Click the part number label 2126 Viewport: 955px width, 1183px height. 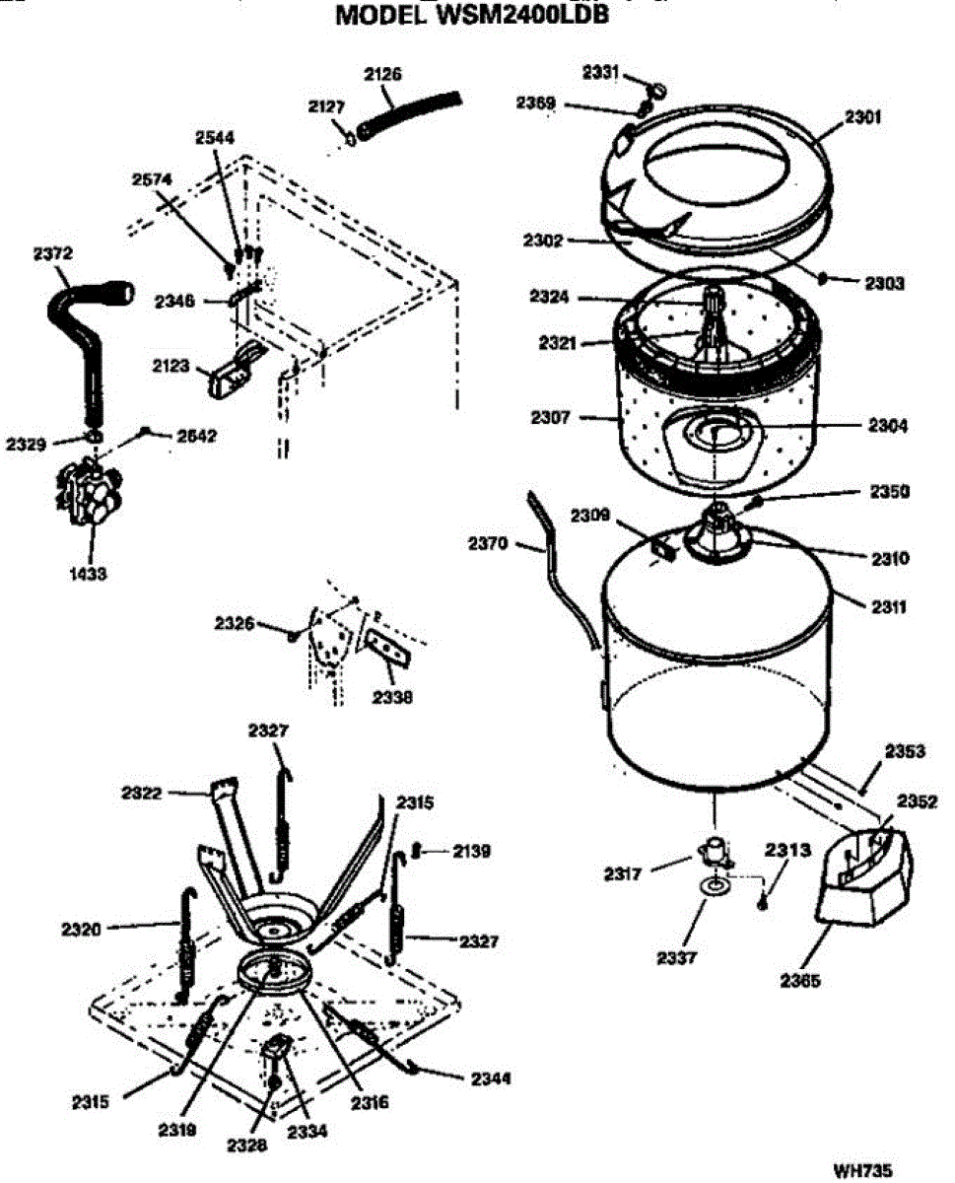[382, 74]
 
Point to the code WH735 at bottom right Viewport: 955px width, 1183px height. [862, 1171]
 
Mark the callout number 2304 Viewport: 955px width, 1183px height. [888, 427]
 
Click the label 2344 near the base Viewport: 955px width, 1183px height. [491, 1079]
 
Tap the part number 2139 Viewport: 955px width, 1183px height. [472, 850]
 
